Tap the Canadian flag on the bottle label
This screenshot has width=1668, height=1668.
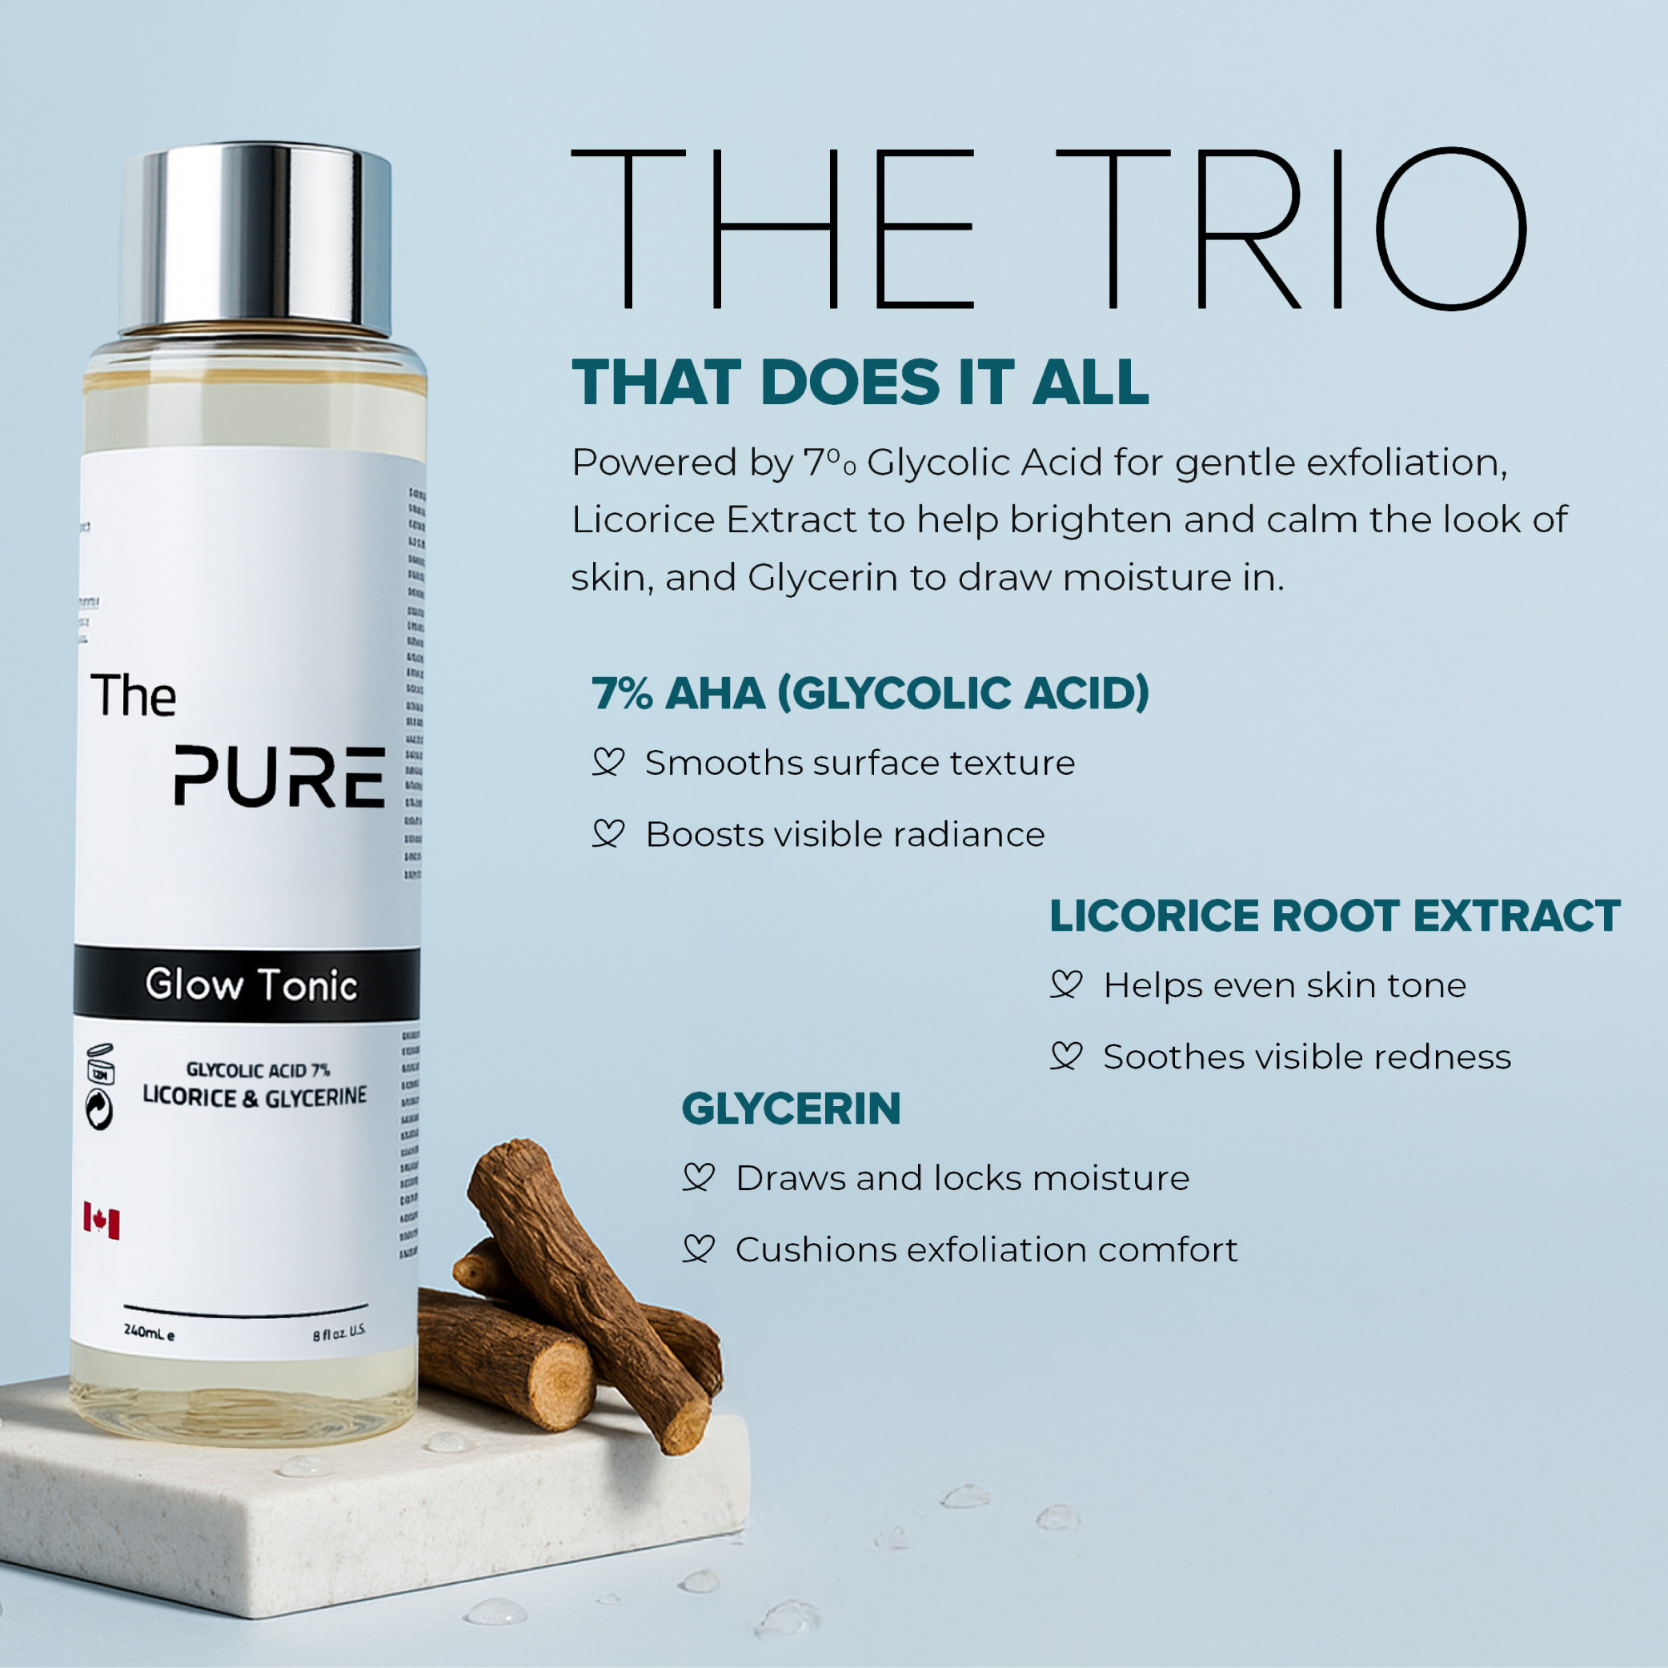point(101,1220)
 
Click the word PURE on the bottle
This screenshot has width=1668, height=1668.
point(279,777)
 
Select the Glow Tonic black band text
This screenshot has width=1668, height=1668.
point(251,984)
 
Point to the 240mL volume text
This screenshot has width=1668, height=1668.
point(149,1332)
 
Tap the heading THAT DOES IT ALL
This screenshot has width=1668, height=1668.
point(860,383)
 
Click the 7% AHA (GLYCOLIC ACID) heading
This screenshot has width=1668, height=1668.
point(870,693)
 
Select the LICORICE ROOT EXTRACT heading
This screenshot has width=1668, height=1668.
point(1335,916)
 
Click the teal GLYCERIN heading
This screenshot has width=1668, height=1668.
point(791,1109)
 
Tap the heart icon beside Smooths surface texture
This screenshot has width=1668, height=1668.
point(607,762)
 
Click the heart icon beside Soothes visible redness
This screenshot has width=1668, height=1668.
point(1066,1056)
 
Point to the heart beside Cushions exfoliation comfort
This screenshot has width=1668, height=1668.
point(699,1249)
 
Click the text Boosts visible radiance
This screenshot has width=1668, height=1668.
point(845,835)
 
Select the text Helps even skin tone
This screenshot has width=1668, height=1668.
point(1285,985)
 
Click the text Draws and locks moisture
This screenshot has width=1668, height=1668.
point(962,1178)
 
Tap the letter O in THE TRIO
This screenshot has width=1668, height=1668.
point(1450,228)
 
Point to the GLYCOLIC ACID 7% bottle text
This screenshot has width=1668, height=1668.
point(259,1069)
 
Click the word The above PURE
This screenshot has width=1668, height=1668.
point(134,695)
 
